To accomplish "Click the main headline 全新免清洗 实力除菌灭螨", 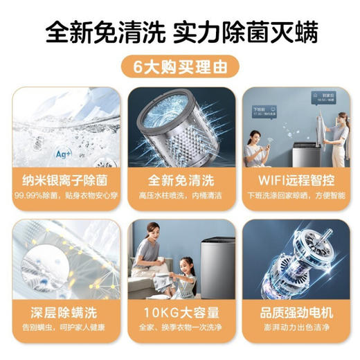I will [180, 31].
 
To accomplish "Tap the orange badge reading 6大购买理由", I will [179, 69].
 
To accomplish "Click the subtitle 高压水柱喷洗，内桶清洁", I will [179, 196].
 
